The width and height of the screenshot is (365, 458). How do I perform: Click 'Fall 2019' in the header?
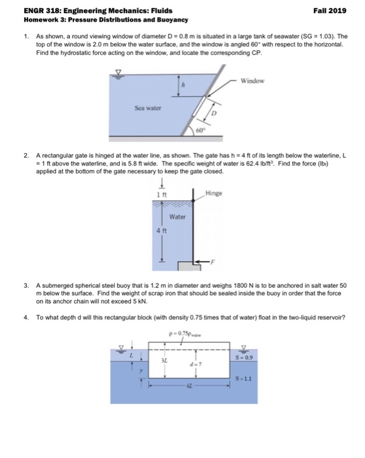330,11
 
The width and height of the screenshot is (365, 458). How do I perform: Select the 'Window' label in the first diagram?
252,81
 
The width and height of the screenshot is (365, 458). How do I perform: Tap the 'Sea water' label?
147,108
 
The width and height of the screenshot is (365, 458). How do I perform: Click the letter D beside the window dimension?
214,113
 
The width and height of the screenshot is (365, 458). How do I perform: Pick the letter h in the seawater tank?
183,85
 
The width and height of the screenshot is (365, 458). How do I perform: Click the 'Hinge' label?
214,193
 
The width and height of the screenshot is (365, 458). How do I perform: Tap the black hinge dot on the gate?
193,200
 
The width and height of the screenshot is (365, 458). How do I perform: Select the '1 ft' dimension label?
162,194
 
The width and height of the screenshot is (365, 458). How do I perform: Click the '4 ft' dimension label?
161,231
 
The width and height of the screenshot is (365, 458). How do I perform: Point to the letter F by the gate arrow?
212,262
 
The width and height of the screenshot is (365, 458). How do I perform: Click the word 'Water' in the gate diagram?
177,217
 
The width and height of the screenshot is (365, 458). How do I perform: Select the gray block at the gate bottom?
189,266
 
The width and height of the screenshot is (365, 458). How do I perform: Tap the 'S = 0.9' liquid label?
244,357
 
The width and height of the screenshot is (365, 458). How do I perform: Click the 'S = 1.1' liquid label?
244,379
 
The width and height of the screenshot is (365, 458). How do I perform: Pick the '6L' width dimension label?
189,386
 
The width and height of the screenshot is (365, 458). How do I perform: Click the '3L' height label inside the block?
164,361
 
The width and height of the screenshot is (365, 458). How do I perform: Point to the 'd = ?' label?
196,364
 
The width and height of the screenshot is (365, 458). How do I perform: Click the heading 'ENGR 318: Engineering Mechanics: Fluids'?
98,11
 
